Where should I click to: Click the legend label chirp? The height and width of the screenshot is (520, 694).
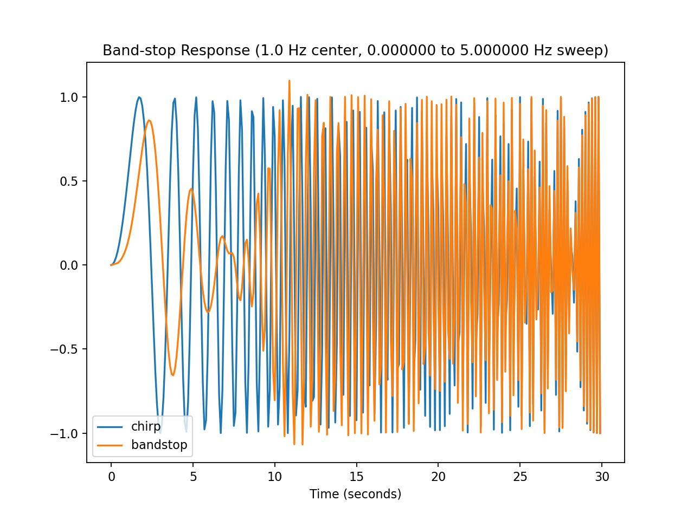(x=146, y=426)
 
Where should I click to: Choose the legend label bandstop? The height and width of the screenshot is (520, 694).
(x=159, y=445)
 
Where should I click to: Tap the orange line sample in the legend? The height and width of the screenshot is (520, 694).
(x=108, y=445)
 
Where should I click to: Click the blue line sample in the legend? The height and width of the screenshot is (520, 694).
(x=108, y=427)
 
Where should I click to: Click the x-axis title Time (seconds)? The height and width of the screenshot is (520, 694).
(x=355, y=494)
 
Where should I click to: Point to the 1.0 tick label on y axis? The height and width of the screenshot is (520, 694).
(x=69, y=97)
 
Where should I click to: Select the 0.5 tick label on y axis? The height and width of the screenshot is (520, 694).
(x=69, y=181)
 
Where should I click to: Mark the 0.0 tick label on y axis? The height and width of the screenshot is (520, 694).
(x=69, y=265)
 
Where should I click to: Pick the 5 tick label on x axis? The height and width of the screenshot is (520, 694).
(x=193, y=477)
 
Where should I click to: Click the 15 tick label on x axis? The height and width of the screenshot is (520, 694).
(x=356, y=477)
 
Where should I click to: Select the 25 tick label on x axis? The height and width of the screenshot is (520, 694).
(x=520, y=477)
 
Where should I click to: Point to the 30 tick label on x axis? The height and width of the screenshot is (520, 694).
(x=602, y=477)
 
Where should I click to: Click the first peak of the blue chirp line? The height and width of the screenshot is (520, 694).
(x=139, y=97)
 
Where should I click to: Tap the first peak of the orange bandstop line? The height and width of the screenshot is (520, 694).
(x=150, y=120)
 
